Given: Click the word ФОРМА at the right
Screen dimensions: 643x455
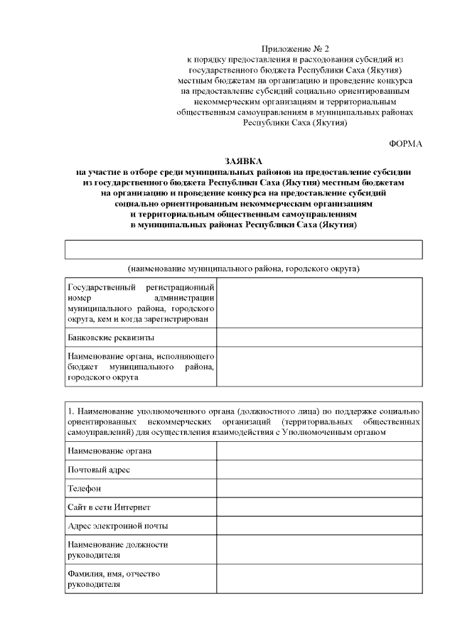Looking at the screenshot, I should click(406, 144).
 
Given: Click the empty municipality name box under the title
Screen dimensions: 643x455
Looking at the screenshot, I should click(244, 249).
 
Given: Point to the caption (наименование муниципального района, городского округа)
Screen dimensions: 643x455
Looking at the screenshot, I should click(244, 269).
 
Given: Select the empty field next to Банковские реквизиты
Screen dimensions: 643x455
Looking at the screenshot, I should click(319, 337).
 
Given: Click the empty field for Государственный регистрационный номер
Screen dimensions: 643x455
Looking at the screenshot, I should click(319, 303).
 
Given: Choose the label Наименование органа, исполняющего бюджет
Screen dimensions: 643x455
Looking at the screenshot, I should click(140, 367).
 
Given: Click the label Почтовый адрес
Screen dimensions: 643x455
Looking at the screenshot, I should click(99, 470).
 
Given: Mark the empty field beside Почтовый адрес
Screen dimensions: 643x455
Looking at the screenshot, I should click(319, 470).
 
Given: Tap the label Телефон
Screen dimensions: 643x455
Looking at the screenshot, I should click(84, 489).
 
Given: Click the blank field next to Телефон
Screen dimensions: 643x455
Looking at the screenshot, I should click(319, 489).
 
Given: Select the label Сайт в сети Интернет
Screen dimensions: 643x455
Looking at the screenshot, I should click(108, 507).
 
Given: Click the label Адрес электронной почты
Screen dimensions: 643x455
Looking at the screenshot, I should click(117, 526).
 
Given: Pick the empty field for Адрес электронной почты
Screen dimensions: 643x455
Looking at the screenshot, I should click(319, 526).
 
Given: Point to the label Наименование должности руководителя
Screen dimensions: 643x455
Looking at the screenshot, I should click(117, 549).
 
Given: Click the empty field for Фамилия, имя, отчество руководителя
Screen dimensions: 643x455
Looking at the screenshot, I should click(319, 579).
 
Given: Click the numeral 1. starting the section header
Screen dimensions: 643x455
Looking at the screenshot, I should click(70, 411).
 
